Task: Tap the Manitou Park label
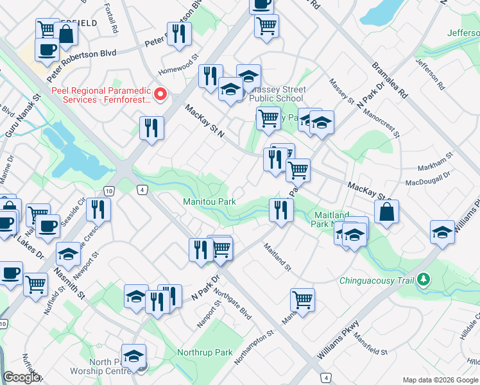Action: click(x=210, y=202)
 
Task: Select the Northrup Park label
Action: click(x=205, y=352)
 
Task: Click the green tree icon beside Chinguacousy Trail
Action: click(x=423, y=280)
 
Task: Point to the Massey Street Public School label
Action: click(x=277, y=94)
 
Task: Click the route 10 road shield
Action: click(x=109, y=191)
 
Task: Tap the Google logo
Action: click(x=21, y=377)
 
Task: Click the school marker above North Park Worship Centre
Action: click(x=134, y=356)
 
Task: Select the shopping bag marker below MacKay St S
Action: click(x=387, y=214)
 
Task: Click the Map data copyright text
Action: click(x=440, y=380)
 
